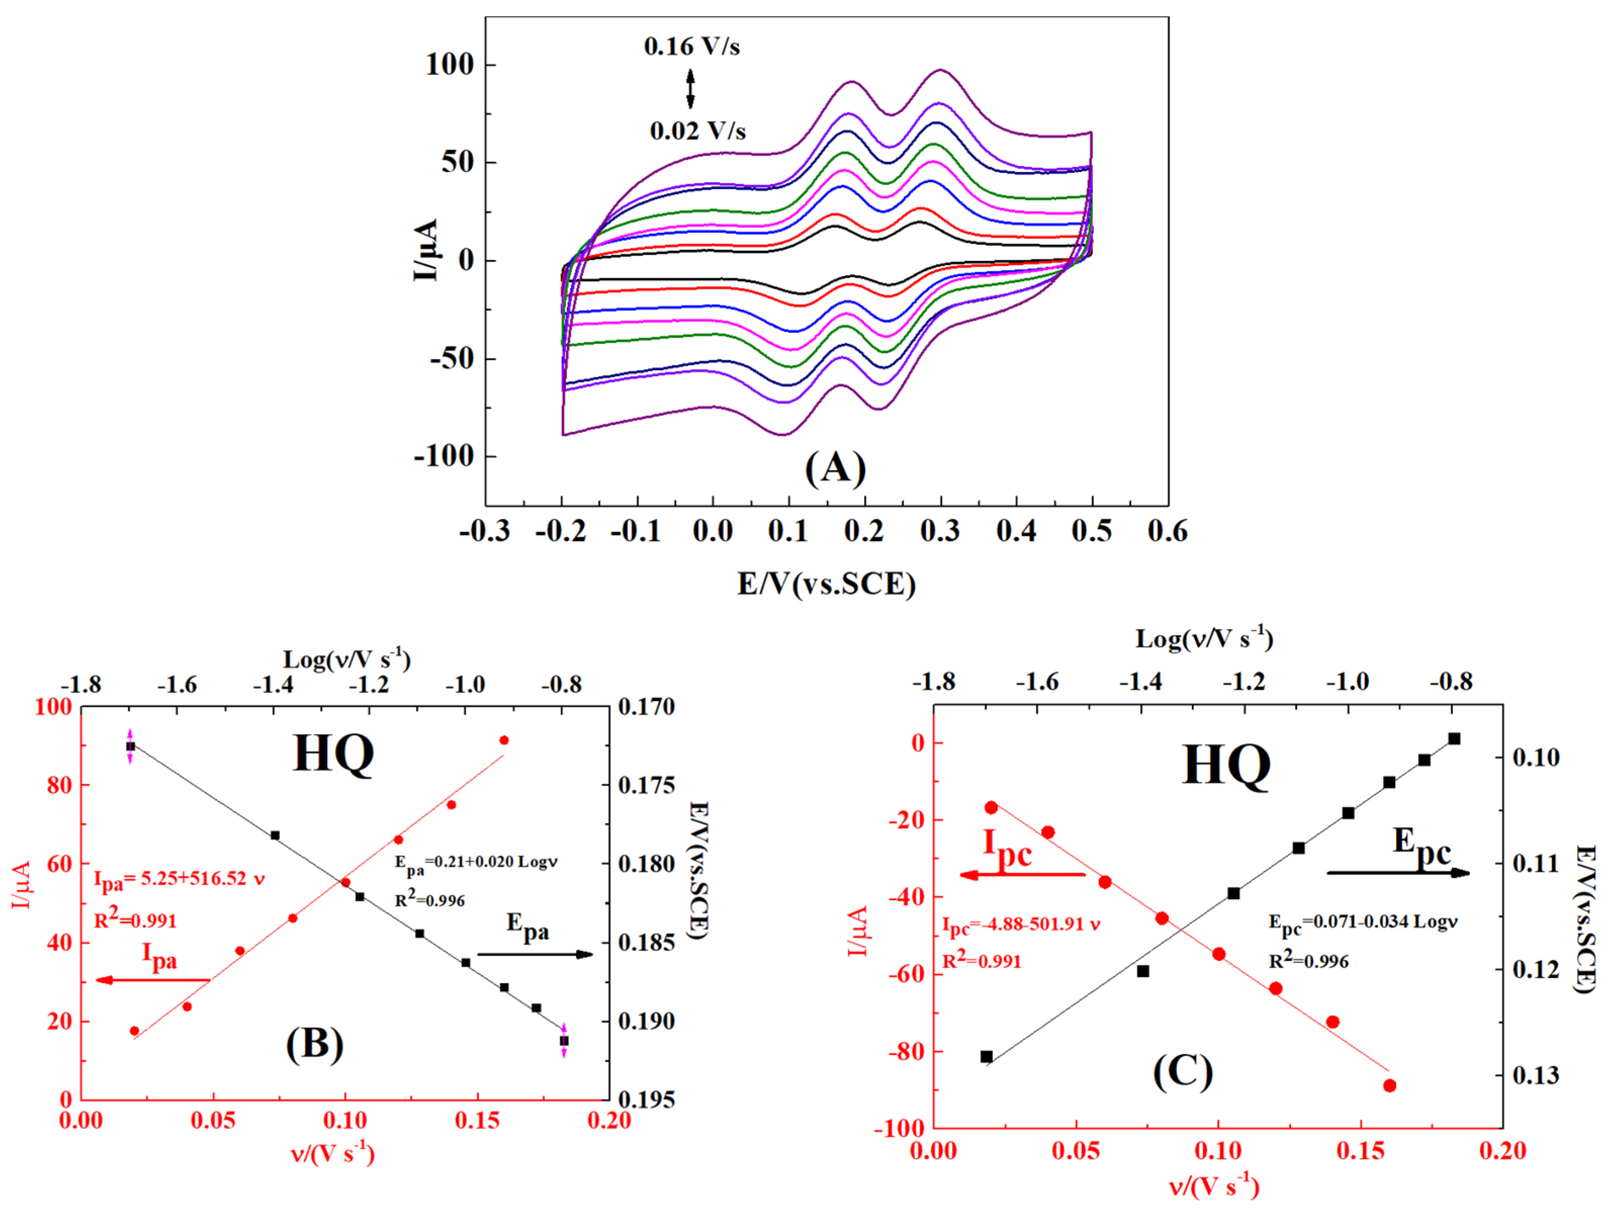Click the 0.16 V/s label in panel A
click(692, 47)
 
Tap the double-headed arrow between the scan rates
click(691, 88)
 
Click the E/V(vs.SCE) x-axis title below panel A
click(826, 584)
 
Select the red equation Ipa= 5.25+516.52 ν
click(179, 878)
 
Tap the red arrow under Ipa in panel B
click(153, 980)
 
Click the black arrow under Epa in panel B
click(535, 954)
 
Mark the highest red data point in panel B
click(504, 740)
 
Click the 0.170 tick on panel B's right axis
click(646, 707)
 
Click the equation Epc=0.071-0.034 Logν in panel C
click(1363, 922)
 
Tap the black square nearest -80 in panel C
click(986, 1056)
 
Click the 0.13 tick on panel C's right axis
click(1535, 1074)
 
